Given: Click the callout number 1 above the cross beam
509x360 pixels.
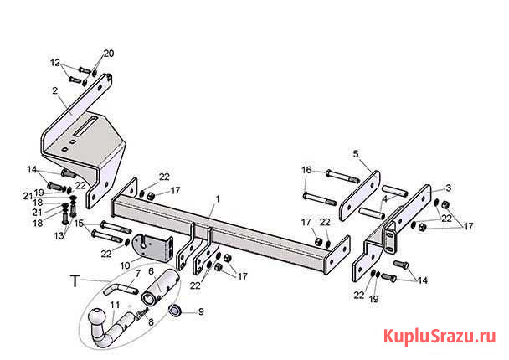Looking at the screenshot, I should pos(217,199).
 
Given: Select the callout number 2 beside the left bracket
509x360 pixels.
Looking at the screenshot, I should pos(55,90).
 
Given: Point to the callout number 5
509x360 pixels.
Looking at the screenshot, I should pos(355,154).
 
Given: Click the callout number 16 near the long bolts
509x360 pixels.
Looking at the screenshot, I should pos(306,170).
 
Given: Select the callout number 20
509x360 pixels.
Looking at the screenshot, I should pos(108,54).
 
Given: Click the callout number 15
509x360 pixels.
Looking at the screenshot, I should pos(79,224).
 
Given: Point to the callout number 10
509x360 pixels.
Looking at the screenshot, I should pos(124,265).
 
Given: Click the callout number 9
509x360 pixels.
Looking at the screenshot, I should pos(200,312).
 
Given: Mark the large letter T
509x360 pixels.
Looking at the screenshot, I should pos(75,281).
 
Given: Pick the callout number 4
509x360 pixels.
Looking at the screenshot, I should pos(384,199).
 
